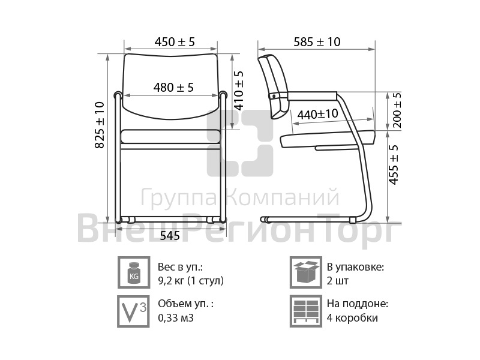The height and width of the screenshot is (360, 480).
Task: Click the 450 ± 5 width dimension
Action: pyautogui.click(x=175, y=42)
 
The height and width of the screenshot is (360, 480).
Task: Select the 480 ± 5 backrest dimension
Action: pyautogui.click(x=173, y=88)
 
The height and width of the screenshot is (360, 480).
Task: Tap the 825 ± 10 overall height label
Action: pyautogui.click(x=100, y=125)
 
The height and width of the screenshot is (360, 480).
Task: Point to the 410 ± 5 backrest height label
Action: pyautogui.click(x=239, y=91)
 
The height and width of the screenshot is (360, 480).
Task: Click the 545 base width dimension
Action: pyautogui.click(x=170, y=235)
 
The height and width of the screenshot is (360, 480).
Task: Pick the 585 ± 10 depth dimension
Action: pyautogui.click(x=317, y=42)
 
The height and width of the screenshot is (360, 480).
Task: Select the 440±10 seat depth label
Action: pyautogui.click(x=318, y=115)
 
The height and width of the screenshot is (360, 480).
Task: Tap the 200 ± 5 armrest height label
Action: pyautogui.click(x=397, y=110)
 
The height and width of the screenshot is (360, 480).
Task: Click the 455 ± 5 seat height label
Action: pyautogui.click(x=394, y=164)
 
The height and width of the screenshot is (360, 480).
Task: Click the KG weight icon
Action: pyautogui.click(x=134, y=272)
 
